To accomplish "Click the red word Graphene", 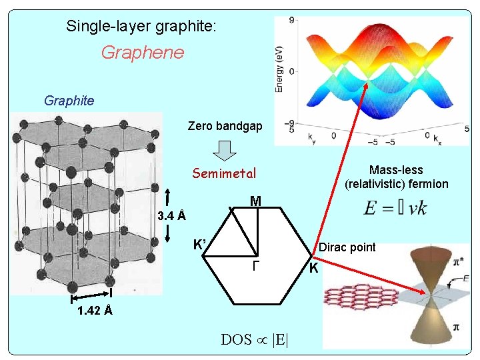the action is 142,53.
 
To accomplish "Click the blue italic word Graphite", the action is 69,101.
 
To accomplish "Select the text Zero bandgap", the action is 225,126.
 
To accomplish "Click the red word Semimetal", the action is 224,174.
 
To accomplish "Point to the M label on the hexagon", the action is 255,201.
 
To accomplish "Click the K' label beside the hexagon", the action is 199,244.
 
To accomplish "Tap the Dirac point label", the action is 347,247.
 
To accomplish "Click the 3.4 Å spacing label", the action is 171,216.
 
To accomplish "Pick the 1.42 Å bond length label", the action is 94,311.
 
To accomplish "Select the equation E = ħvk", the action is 395,209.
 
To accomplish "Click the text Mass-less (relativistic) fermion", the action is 396,177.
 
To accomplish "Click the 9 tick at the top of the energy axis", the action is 292,21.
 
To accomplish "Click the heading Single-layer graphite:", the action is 141,27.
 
